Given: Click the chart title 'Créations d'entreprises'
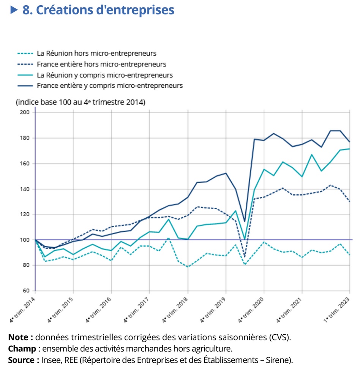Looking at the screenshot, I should pos(98,10).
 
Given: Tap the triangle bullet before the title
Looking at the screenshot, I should pos(14,10).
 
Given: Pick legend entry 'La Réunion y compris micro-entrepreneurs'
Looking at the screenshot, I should pos(104,75).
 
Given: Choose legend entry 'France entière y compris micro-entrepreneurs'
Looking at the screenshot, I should pos(109,85).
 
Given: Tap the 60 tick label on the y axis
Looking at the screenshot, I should pos(26,291).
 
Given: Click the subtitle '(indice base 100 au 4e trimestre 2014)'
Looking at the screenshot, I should pos(81,103).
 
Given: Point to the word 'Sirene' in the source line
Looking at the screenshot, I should pos(279,360).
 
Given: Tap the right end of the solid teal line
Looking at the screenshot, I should pos(349,149).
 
